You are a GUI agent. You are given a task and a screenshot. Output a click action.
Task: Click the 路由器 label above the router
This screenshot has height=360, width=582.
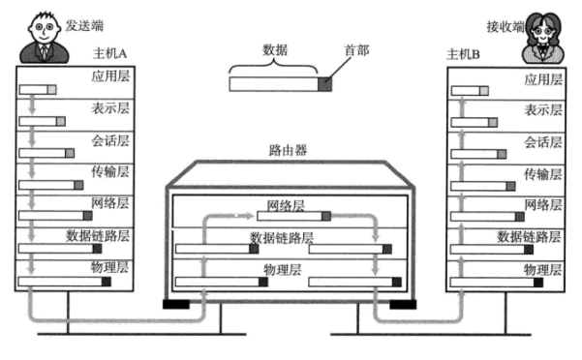click(x=287, y=150)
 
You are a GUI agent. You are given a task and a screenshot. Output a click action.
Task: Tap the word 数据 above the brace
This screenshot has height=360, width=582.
click(x=275, y=47)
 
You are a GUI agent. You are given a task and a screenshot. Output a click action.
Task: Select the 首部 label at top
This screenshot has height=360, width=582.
click(x=355, y=48)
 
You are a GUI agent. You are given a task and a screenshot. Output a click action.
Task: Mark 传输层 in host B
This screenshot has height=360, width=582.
click(x=542, y=173)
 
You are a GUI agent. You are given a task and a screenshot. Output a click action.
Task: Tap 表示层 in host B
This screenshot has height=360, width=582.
click(x=542, y=110)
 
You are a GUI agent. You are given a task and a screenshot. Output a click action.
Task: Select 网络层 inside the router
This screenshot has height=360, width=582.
click(x=286, y=206)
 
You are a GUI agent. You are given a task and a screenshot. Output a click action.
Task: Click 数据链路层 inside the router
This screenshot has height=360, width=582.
click(x=282, y=237)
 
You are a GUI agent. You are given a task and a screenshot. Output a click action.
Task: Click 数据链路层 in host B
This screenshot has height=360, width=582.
click(x=530, y=236)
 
